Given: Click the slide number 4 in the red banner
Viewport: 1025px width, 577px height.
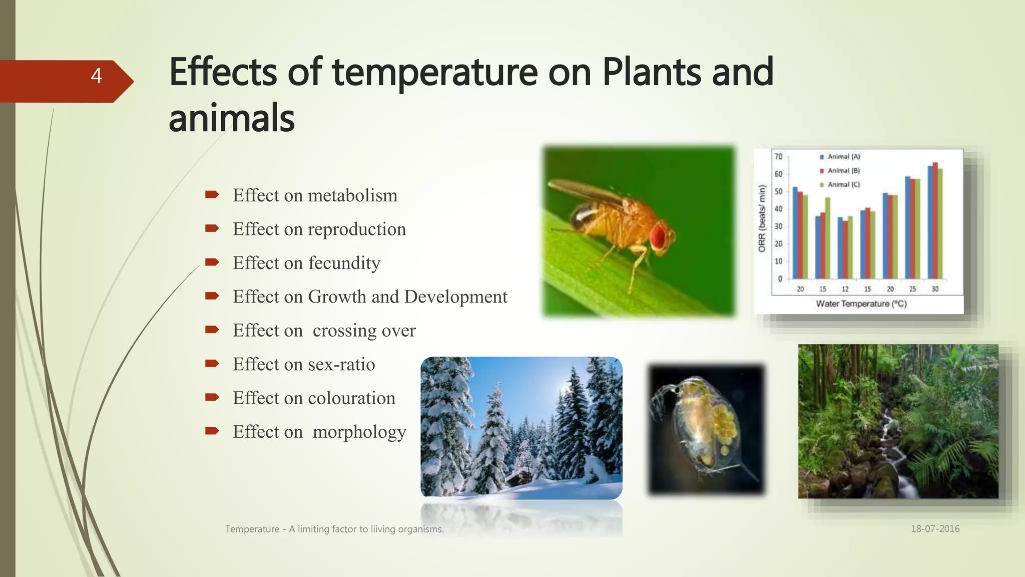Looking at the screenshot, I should [96, 76].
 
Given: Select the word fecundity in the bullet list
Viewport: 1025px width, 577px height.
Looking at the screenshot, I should [344, 263].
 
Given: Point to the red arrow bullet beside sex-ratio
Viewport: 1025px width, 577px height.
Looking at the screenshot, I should [212, 364].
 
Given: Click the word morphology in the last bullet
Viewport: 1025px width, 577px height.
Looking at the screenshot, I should [359, 432].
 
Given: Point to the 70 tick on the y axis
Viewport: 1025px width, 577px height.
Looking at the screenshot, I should [778, 157].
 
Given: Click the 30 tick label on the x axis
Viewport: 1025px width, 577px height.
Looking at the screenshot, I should [935, 289].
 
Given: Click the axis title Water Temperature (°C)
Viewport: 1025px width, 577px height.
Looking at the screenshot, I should [861, 304].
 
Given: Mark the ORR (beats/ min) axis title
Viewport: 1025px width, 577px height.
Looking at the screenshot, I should [762, 218].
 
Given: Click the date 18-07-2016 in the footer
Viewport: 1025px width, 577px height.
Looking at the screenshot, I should [935, 529].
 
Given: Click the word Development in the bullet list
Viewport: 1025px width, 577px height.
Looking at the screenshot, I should [455, 297].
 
